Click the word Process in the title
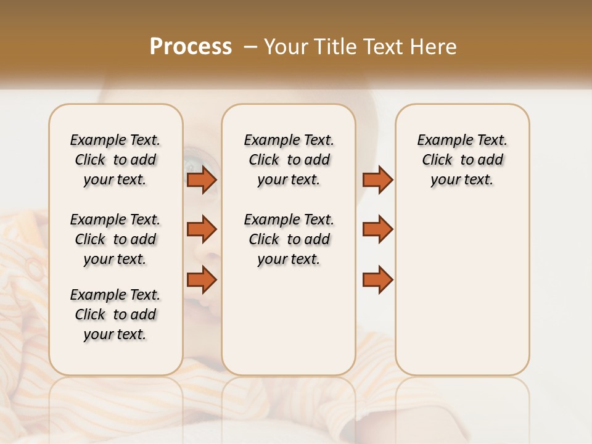click(x=191, y=47)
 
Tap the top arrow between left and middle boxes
click(x=202, y=179)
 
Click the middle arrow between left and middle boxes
click(x=202, y=229)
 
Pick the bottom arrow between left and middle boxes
click(x=202, y=279)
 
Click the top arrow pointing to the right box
click(x=377, y=179)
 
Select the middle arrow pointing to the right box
click(x=377, y=229)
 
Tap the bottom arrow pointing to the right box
click(x=377, y=279)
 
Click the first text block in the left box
click(x=115, y=160)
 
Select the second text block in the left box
click(x=115, y=239)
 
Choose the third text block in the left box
click(x=115, y=314)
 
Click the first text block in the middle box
click(x=289, y=160)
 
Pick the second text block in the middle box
click(x=289, y=239)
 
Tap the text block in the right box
click(x=462, y=160)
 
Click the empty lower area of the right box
click(x=462, y=296)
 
